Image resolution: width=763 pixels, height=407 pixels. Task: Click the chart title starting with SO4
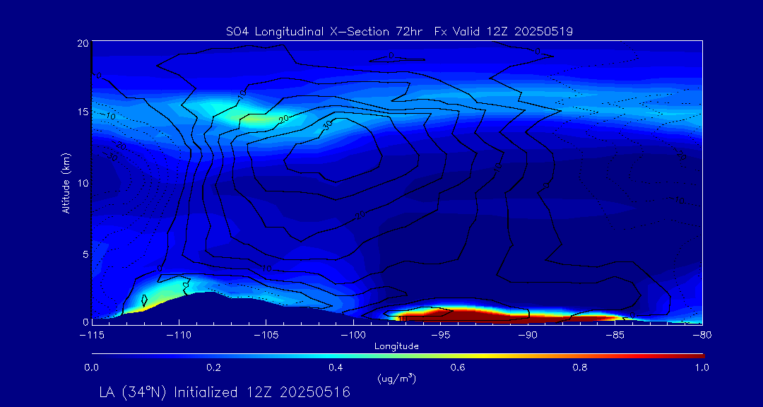(x=398, y=31)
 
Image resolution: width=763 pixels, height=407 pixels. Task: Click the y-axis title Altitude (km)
(x=66, y=182)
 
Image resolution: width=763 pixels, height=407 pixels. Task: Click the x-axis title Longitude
(x=396, y=346)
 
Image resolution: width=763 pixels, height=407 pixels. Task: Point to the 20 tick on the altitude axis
(x=83, y=43)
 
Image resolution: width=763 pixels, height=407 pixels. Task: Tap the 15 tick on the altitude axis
(x=83, y=112)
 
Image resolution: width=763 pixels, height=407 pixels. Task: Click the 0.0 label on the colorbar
(x=91, y=367)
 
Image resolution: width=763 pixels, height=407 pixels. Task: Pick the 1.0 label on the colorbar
(x=702, y=367)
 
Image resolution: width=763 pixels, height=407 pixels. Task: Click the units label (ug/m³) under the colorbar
(x=396, y=379)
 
